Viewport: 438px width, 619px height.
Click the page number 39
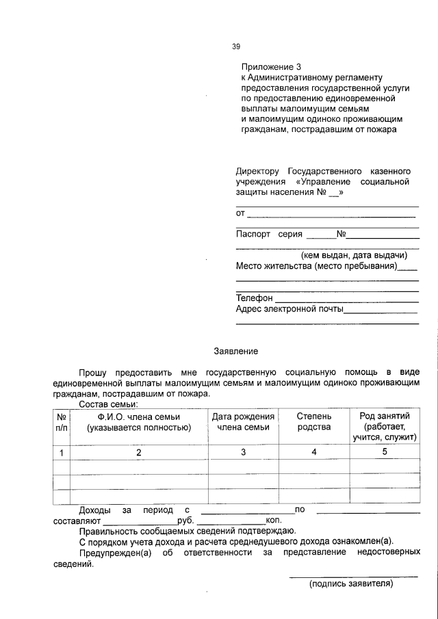[x=236, y=47]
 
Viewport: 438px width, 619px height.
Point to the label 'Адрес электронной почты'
[x=289, y=310]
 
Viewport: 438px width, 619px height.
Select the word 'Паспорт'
[x=253, y=233]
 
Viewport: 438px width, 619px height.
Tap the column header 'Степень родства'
[x=314, y=421]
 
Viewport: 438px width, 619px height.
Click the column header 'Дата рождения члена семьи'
[x=243, y=421]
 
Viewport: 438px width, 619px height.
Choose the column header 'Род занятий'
[x=385, y=416]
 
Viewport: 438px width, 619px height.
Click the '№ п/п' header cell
[x=61, y=421]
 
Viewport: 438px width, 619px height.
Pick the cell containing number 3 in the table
[x=243, y=452]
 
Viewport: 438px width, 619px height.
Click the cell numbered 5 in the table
[x=385, y=452]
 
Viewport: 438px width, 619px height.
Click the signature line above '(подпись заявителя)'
[x=352, y=577]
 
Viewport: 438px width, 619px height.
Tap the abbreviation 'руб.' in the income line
[x=185, y=521]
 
